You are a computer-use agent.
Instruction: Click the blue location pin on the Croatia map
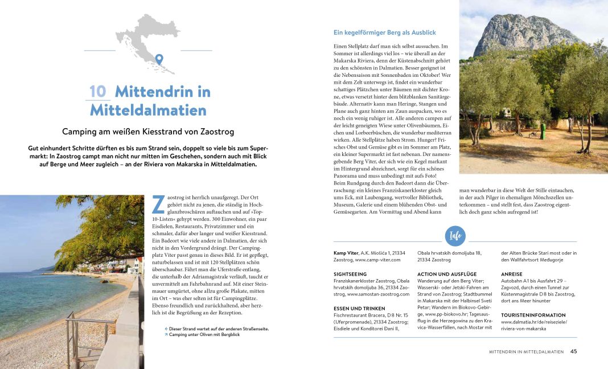[x=159, y=60]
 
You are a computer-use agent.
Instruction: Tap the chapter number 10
[x=98, y=92]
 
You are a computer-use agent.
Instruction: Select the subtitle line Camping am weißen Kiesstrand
[x=148, y=132]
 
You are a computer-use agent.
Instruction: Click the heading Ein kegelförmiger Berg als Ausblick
[x=385, y=32]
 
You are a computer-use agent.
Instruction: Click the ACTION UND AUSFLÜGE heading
[x=447, y=274]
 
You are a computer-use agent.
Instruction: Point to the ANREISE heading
[x=512, y=274]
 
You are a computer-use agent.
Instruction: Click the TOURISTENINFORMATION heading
[x=533, y=315]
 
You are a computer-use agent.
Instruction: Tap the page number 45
[x=573, y=351]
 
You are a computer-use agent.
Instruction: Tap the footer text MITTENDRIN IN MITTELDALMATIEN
[x=526, y=352]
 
